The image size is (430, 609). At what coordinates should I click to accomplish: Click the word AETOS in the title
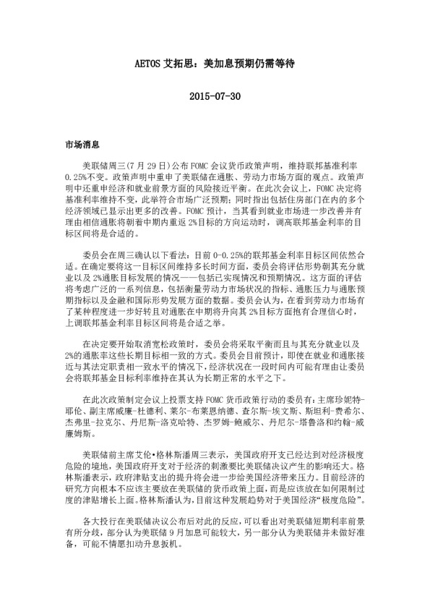(150, 63)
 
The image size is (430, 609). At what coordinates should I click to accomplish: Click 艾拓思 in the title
(177, 63)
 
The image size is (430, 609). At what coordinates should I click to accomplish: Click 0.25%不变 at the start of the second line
(83, 176)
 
